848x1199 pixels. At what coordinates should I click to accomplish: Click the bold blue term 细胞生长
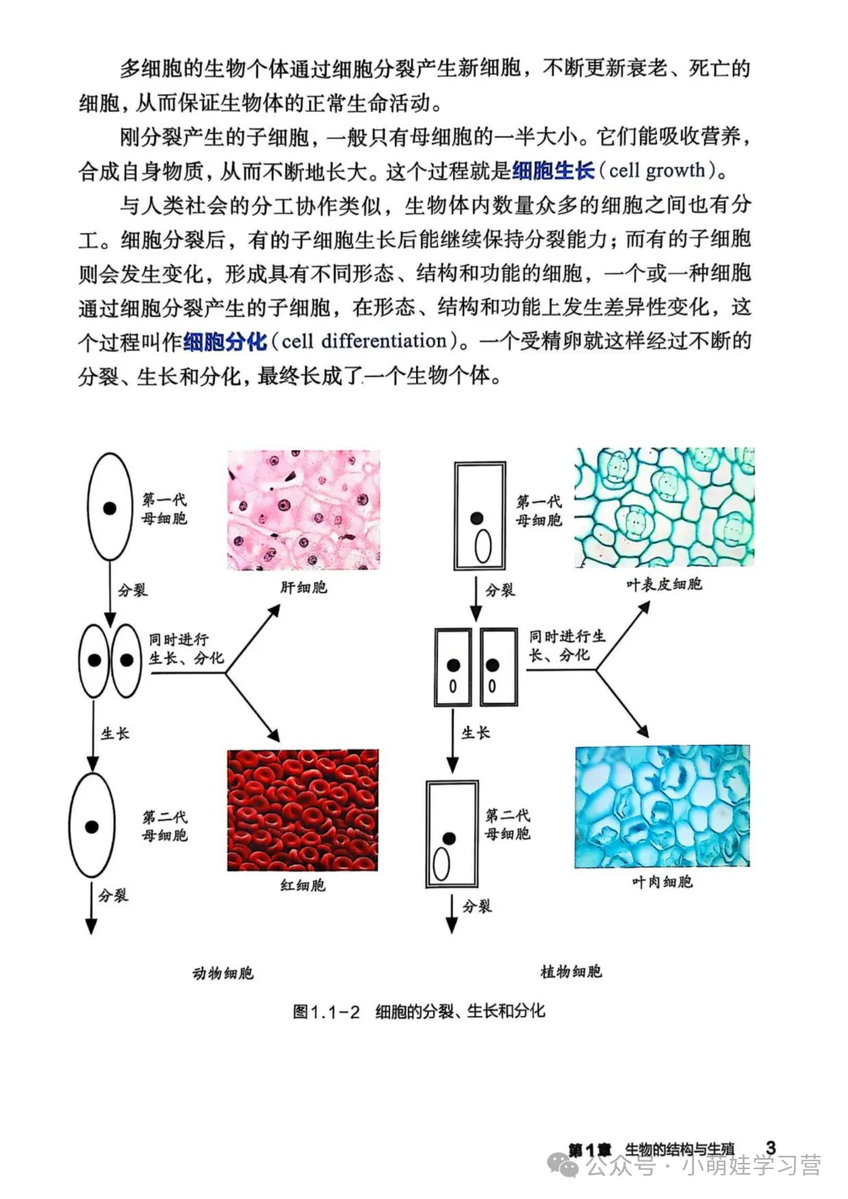coord(553,170)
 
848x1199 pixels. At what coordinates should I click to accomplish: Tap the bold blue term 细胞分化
coord(225,342)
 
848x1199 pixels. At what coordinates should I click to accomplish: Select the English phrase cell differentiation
coord(364,341)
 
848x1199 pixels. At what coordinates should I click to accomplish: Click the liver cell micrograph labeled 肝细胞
coord(303,510)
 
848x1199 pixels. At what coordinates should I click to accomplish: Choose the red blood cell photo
coord(303,810)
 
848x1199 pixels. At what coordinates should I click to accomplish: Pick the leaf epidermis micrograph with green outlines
coord(664,507)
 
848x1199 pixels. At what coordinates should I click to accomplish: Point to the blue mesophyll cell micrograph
coord(662,806)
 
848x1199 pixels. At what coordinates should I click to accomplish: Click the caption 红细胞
coord(302,885)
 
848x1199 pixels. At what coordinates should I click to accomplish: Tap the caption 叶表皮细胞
coord(663,585)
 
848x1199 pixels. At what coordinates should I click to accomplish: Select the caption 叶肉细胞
coord(662,882)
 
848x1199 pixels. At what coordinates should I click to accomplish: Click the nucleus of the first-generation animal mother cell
coord(110,508)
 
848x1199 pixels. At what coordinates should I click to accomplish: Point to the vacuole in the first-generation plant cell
coord(483,546)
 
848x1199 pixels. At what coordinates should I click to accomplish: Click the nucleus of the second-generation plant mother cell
coord(449,838)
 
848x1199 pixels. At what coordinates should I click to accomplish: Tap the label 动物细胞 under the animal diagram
coord(223,973)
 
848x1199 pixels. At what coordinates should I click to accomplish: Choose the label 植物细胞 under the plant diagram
coord(571,972)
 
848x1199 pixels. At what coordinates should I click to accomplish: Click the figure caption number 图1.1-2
coord(326,1012)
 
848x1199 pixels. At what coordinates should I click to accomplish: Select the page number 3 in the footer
coord(770,1148)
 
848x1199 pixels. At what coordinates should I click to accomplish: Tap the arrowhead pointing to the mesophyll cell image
coord(642,731)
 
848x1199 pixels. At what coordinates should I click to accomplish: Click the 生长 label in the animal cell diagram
coord(115,734)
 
